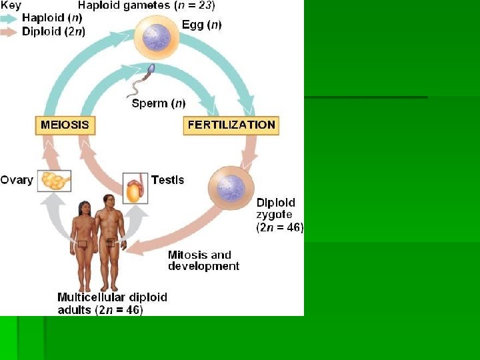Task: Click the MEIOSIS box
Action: [x=65, y=125]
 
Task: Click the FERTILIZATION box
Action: [x=231, y=125]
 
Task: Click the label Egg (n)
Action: [x=202, y=25]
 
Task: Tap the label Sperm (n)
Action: [x=159, y=103]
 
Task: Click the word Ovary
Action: [x=17, y=180]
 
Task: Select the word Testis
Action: [x=167, y=180]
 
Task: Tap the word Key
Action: [x=11, y=5]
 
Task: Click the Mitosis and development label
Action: [x=203, y=260]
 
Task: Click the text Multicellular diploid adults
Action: [x=112, y=303]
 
